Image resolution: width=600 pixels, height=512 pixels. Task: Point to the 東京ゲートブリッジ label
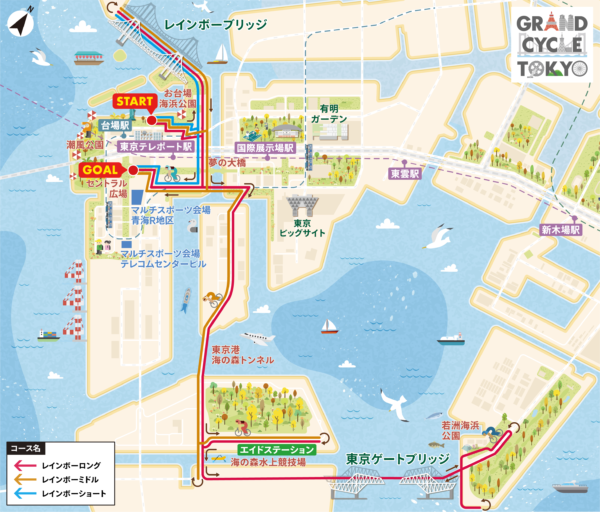pyautogui.click(x=393, y=460)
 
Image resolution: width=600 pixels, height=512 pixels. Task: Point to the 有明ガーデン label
pyautogui.click(x=333, y=113)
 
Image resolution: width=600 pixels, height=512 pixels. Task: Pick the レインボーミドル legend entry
pyautogui.click(x=72, y=480)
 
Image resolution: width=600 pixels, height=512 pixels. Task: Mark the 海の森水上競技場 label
pyautogui.click(x=267, y=463)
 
